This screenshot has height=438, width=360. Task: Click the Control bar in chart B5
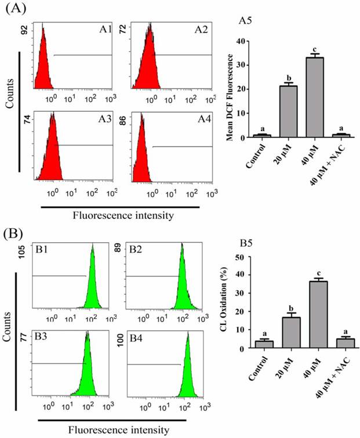tap(264, 344)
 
